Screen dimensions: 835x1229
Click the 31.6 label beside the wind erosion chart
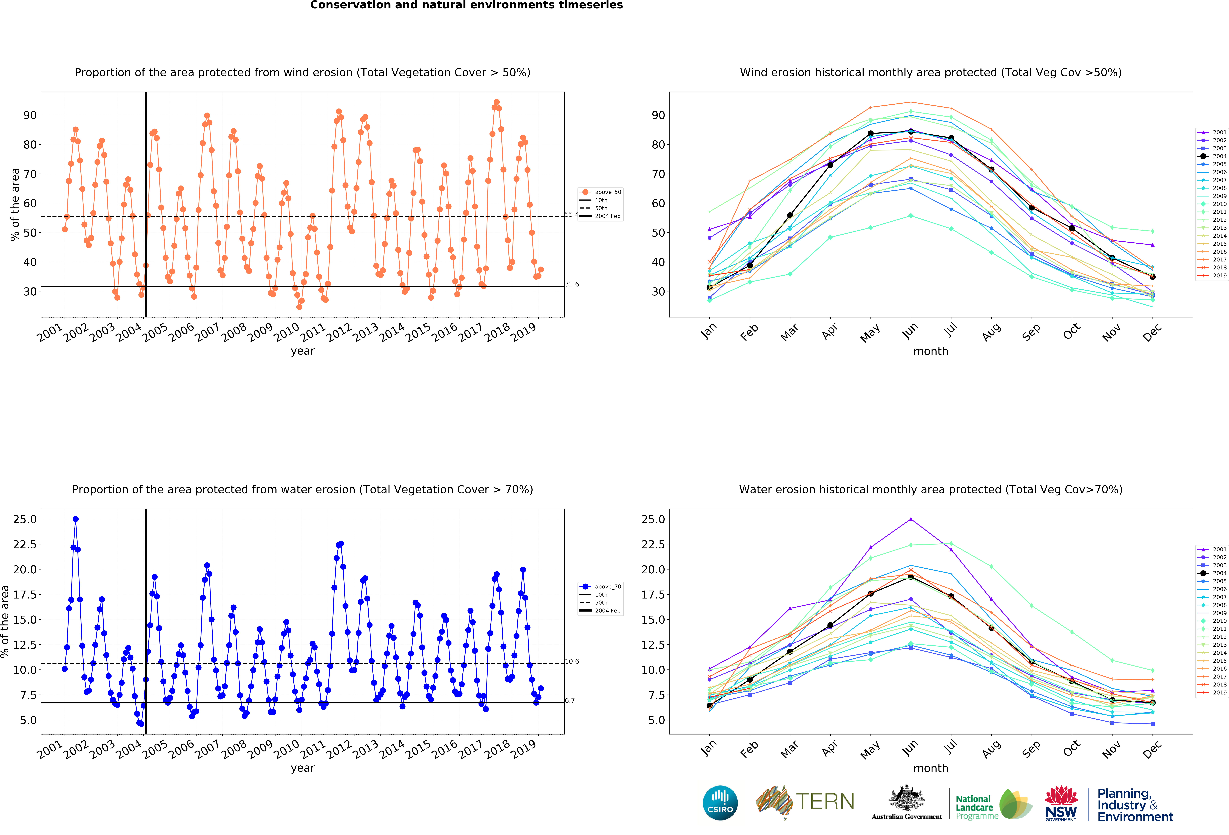(572, 284)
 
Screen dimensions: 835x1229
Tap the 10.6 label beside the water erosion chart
(572, 662)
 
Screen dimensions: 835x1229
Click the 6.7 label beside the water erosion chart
(570, 701)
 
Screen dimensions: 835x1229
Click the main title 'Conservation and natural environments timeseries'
(466, 5)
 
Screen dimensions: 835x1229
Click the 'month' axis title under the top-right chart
(931, 351)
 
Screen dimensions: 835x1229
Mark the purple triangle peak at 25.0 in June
(911, 519)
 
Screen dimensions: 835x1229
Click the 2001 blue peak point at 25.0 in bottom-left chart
(76, 519)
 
